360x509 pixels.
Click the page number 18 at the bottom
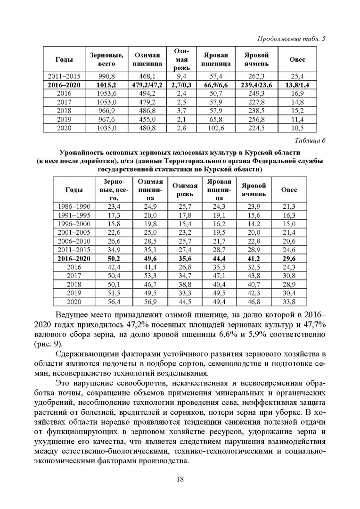pos(180,479)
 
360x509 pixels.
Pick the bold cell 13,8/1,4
pos(297,84)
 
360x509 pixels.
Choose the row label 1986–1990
pos(74,206)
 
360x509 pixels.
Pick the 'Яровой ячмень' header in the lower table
pos(254,189)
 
